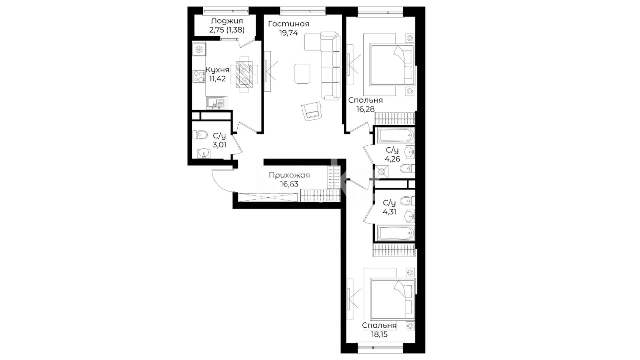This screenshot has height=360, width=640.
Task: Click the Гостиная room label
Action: coord(289,24)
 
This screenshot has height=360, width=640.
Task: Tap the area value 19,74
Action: coord(289,33)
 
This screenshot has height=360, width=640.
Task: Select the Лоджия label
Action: coord(227,21)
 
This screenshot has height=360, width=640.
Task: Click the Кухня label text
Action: coord(217,70)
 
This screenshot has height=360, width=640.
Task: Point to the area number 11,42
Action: coord(217,79)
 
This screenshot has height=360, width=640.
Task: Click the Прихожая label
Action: coord(289,175)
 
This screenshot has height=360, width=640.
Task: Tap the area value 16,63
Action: coord(289,184)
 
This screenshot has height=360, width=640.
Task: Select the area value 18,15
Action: coord(379,334)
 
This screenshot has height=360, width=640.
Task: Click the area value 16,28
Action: coord(365,109)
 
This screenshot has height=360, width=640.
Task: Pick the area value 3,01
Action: coord(219,145)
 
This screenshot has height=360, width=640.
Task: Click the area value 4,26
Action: coord(392,159)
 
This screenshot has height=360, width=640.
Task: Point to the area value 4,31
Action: coord(389,212)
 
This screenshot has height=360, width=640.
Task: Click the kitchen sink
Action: coord(216,103)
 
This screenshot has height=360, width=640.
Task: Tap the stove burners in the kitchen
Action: coord(199,76)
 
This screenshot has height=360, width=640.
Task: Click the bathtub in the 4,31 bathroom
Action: coord(396,233)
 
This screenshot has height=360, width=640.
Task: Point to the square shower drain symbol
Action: coord(382,172)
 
